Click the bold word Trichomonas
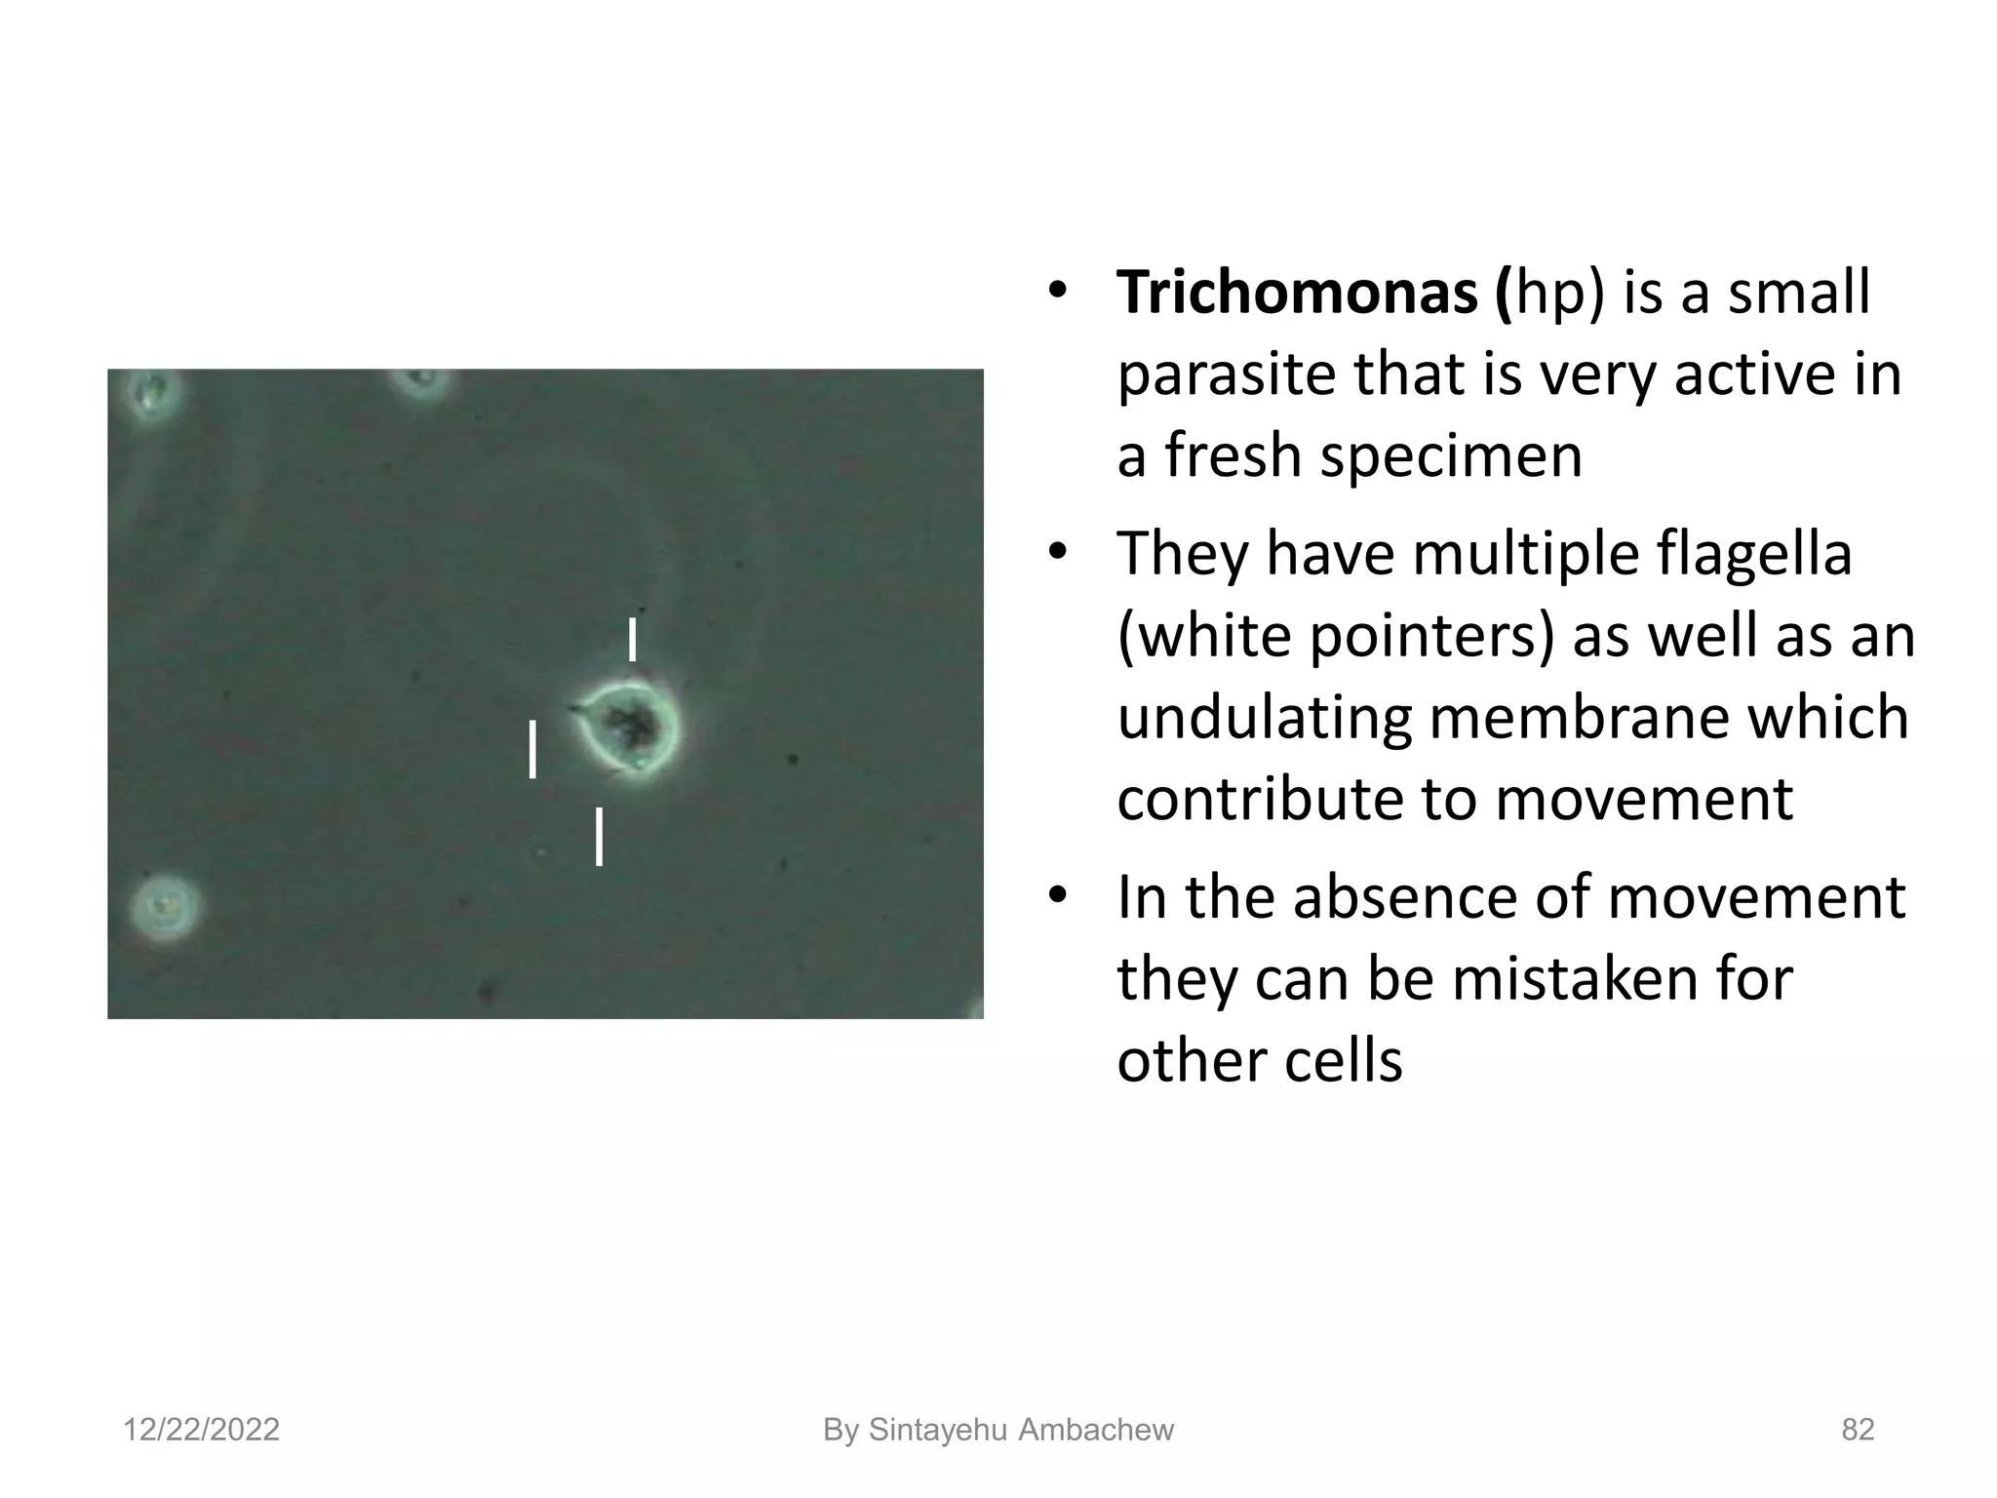click(1296, 293)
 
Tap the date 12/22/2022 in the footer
click(201, 1430)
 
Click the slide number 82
click(1858, 1430)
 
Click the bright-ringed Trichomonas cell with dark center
click(629, 727)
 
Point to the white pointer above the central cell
click(633, 639)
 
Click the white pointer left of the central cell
click(532, 749)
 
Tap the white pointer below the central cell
click(599, 836)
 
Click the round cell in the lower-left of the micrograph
click(165, 906)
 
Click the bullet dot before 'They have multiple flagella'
click(1055, 554)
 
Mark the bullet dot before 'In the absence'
click(1055, 897)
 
